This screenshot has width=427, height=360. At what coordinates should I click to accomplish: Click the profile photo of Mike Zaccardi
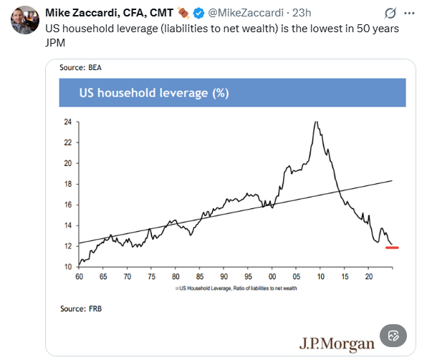(x=25, y=20)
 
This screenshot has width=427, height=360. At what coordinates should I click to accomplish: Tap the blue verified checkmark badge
(x=198, y=13)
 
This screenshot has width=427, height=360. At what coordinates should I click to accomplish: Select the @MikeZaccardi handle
(x=246, y=13)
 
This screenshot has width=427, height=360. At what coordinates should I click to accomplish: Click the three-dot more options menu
(x=409, y=13)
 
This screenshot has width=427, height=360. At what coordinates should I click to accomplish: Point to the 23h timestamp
(x=302, y=13)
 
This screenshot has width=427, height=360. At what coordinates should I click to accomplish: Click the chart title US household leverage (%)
(x=154, y=93)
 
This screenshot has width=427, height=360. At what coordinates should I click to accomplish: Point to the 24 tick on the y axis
(x=68, y=122)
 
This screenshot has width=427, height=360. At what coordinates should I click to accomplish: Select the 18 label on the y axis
(x=68, y=184)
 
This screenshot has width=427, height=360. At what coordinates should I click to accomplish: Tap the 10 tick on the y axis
(x=68, y=267)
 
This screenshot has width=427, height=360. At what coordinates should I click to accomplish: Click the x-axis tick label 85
(x=200, y=276)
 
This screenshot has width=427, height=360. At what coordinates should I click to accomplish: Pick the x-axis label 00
(x=272, y=276)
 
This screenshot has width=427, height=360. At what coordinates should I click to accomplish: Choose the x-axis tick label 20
(x=369, y=276)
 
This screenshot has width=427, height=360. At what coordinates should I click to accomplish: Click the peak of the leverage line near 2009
(x=316, y=122)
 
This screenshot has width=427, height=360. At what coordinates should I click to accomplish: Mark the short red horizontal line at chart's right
(x=392, y=248)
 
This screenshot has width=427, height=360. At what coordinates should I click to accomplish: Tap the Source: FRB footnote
(x=81, y=308)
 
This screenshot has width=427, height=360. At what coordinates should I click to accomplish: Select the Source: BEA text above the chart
(x=80, y=67)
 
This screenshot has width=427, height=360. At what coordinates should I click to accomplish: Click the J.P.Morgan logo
(x=337, y=344)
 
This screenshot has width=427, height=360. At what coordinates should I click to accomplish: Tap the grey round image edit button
(x=393, y=336)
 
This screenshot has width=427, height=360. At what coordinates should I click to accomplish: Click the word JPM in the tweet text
(x=55, y=43)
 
